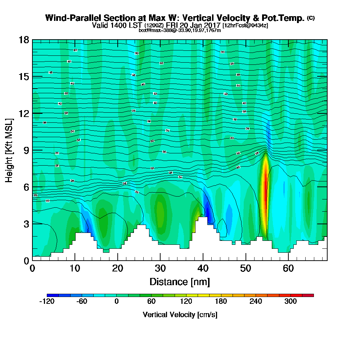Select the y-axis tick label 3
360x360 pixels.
(26, 224)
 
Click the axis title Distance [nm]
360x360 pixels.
(180, 282)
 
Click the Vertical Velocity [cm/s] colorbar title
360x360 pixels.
(180, 315)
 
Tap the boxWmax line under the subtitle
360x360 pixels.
(180, 30)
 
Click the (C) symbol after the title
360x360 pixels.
(311, 18)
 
